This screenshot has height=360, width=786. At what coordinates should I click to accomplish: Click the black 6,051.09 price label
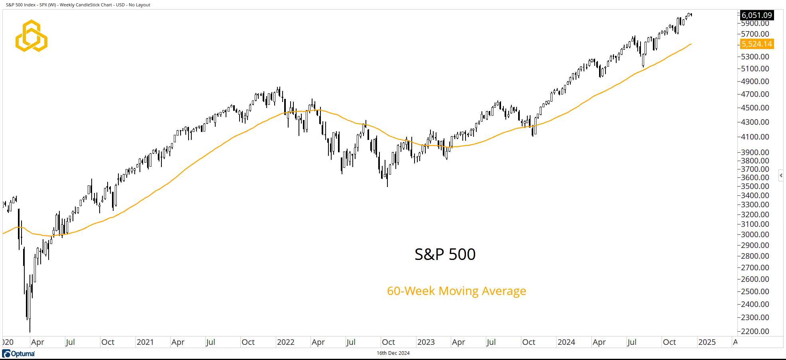[757, 15]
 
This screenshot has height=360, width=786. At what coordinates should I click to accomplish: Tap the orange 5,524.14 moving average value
[757, 44]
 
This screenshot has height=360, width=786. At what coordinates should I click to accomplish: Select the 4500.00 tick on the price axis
[755, 108]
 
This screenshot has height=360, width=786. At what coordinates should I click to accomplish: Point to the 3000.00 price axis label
[755, 234]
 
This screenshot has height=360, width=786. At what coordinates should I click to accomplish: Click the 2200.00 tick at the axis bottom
[755, 331]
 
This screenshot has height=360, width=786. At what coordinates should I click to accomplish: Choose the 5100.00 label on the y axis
[755, 69]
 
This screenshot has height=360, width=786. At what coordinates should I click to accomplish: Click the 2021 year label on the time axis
[145, 342]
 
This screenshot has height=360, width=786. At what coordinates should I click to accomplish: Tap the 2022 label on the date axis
[285, 342]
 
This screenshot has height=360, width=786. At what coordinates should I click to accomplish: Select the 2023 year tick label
[426, 342]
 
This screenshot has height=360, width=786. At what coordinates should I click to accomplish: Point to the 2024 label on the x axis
[566, 342]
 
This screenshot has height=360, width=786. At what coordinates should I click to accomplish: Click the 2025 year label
[707, 342]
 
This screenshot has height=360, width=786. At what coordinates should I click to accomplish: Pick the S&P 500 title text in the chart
[445, 254]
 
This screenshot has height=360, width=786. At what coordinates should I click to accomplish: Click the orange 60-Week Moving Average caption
[456, 291]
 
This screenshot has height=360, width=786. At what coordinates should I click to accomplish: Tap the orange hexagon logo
[31, 36]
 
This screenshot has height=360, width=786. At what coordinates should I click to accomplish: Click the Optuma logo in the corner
[19, 354]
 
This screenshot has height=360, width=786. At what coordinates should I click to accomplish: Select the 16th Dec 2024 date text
[393, 353]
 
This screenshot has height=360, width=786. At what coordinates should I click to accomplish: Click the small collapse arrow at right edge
[781, 175]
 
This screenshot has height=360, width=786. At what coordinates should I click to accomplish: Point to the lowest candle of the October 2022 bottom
[387, 181]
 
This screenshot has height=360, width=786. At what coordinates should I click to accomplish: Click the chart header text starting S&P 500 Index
[78, 5]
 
